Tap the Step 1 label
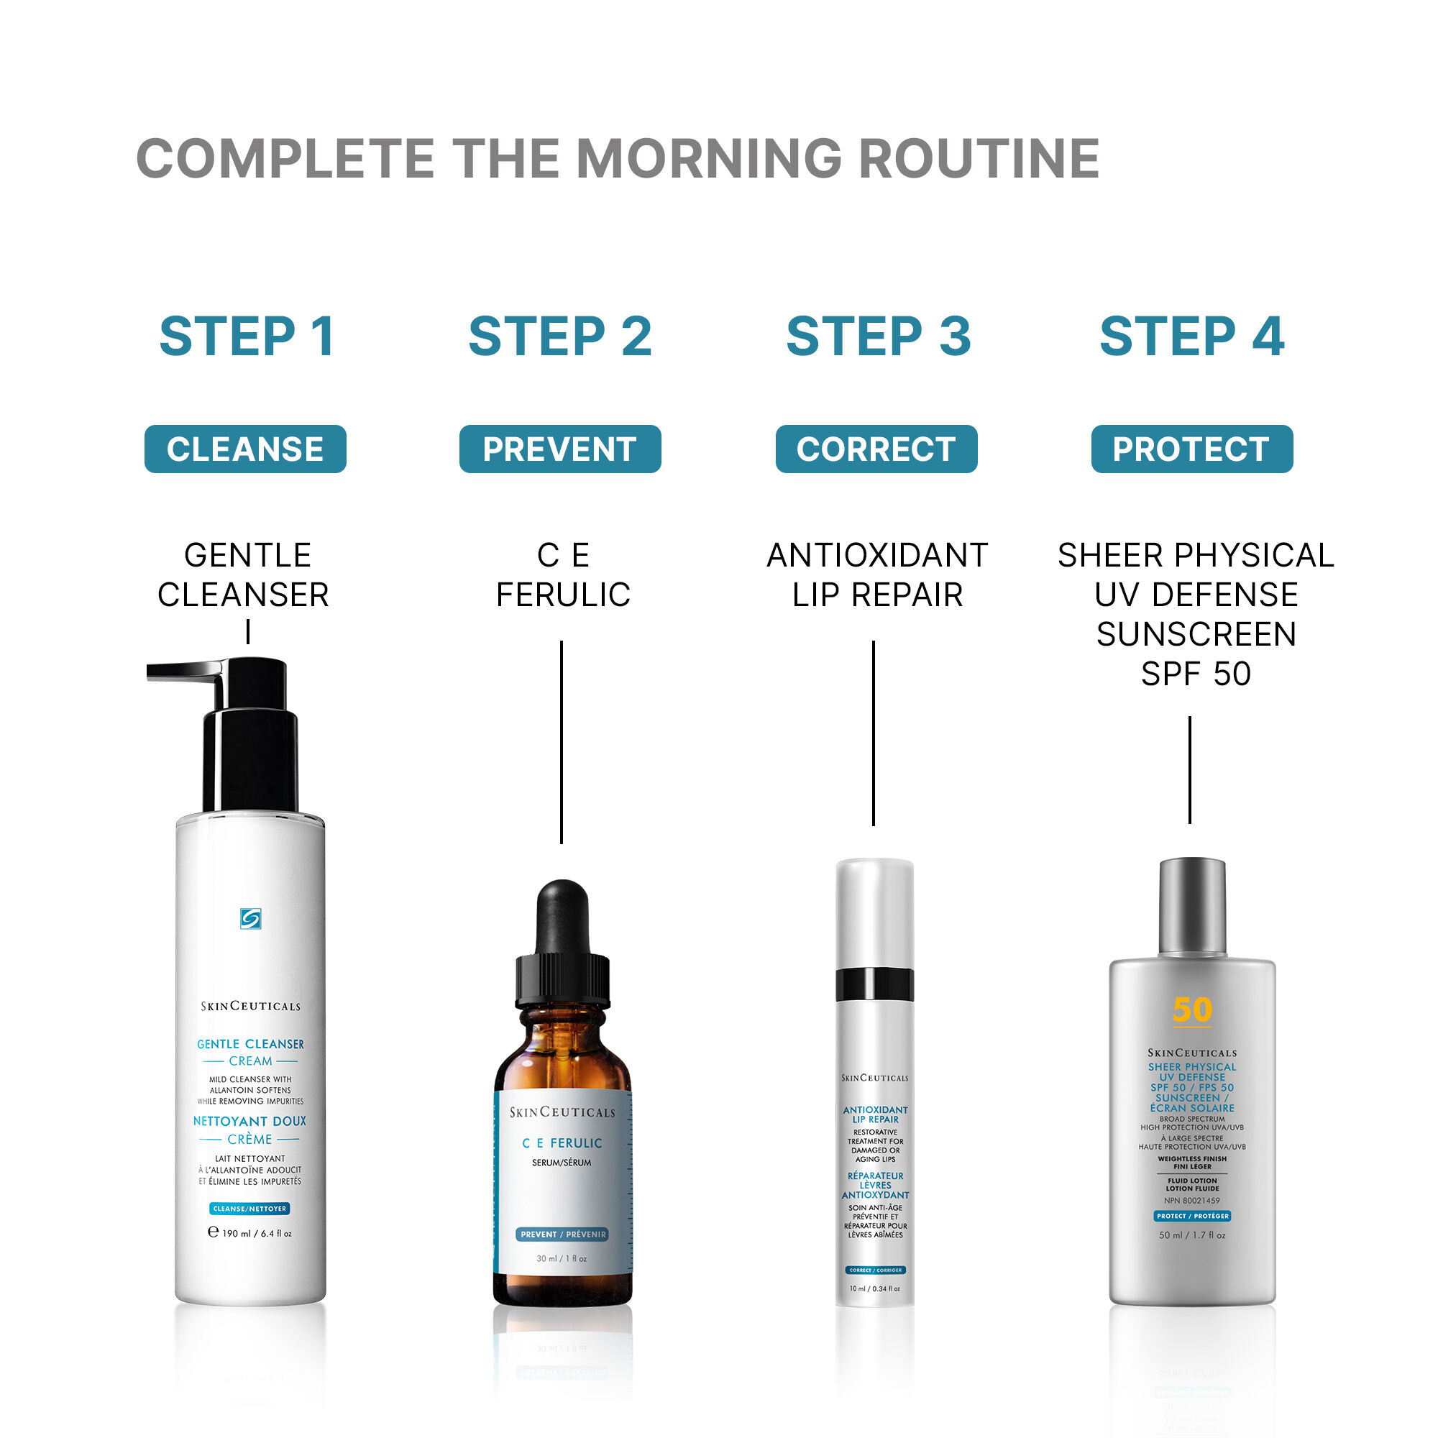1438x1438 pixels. pyautogui.click(x=247, y=336)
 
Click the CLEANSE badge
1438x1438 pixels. pyautogui.click(x=245, y=449)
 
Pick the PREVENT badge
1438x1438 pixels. pyautogui.click(x=559, y=449)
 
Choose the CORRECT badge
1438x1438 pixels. pyautogui.click(x=876, y=449)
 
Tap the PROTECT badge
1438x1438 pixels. pyautogui.click(x=1191, y=449)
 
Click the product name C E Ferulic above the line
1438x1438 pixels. pyautogui.click(x=563, y=574)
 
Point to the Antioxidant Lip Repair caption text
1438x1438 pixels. pyautogui.click(x=876, y=574)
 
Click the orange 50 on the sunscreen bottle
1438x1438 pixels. pyautogui.click(x=1191, y=1010)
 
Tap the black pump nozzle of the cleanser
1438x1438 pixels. pyautogui.click(x=186, y=671)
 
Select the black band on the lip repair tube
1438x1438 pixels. pyautogui.click(x=874, y=984)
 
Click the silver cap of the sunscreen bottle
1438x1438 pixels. pyautogui.click(x=1191, y=905)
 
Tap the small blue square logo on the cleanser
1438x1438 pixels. pyautogui.click(x=251, y=918)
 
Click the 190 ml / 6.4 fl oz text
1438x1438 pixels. pyautogui.click(x=256, y=1233)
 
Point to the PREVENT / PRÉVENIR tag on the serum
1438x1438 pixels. pyautogui.click(x=563, y=1234)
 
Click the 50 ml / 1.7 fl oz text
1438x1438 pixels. pyautogui.click(x=1191, y=1235)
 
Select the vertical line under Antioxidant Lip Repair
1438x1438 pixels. pyautogui.click(x=873, y=733)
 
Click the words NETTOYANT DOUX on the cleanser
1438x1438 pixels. pyautogui.click(x=249, y=1121)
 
